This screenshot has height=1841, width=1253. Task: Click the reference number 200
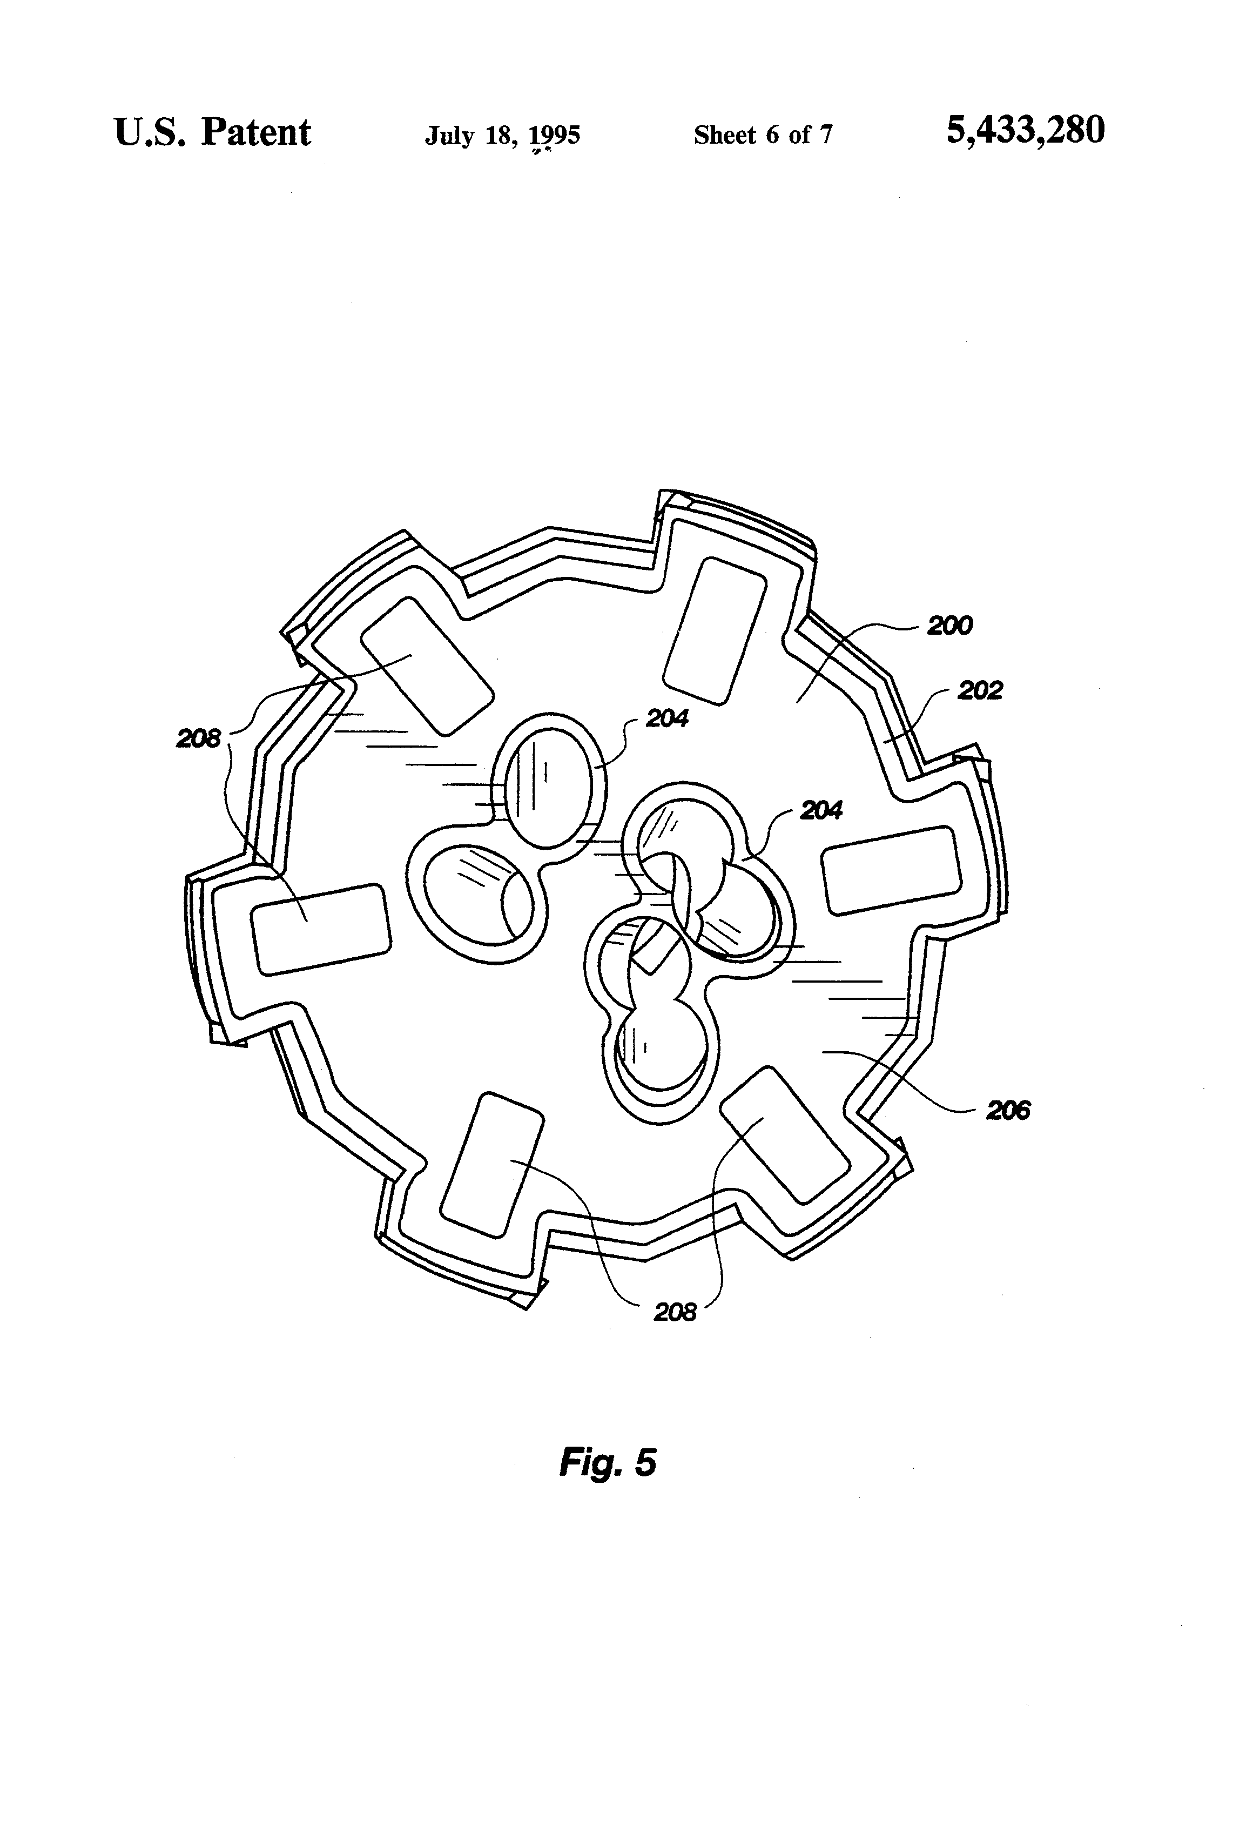coord(949,626)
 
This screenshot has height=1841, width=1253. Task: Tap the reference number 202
coord(980,691)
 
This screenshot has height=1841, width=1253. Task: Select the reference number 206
coord(1007,1111)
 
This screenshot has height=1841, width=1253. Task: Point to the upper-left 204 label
coord(667,718)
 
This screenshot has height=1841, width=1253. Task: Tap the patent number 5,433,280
coord(1025,131)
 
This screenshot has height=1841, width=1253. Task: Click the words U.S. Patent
coord(212,132)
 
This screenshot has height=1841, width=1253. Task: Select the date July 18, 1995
coord(502,136)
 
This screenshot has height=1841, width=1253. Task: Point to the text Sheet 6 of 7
coord(763,136)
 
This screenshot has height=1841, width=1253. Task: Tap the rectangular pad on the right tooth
coord(892,870)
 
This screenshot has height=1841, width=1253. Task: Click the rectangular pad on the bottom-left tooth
coord(491,1165)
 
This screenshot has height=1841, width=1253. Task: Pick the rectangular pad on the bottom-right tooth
coord(786,1133)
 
